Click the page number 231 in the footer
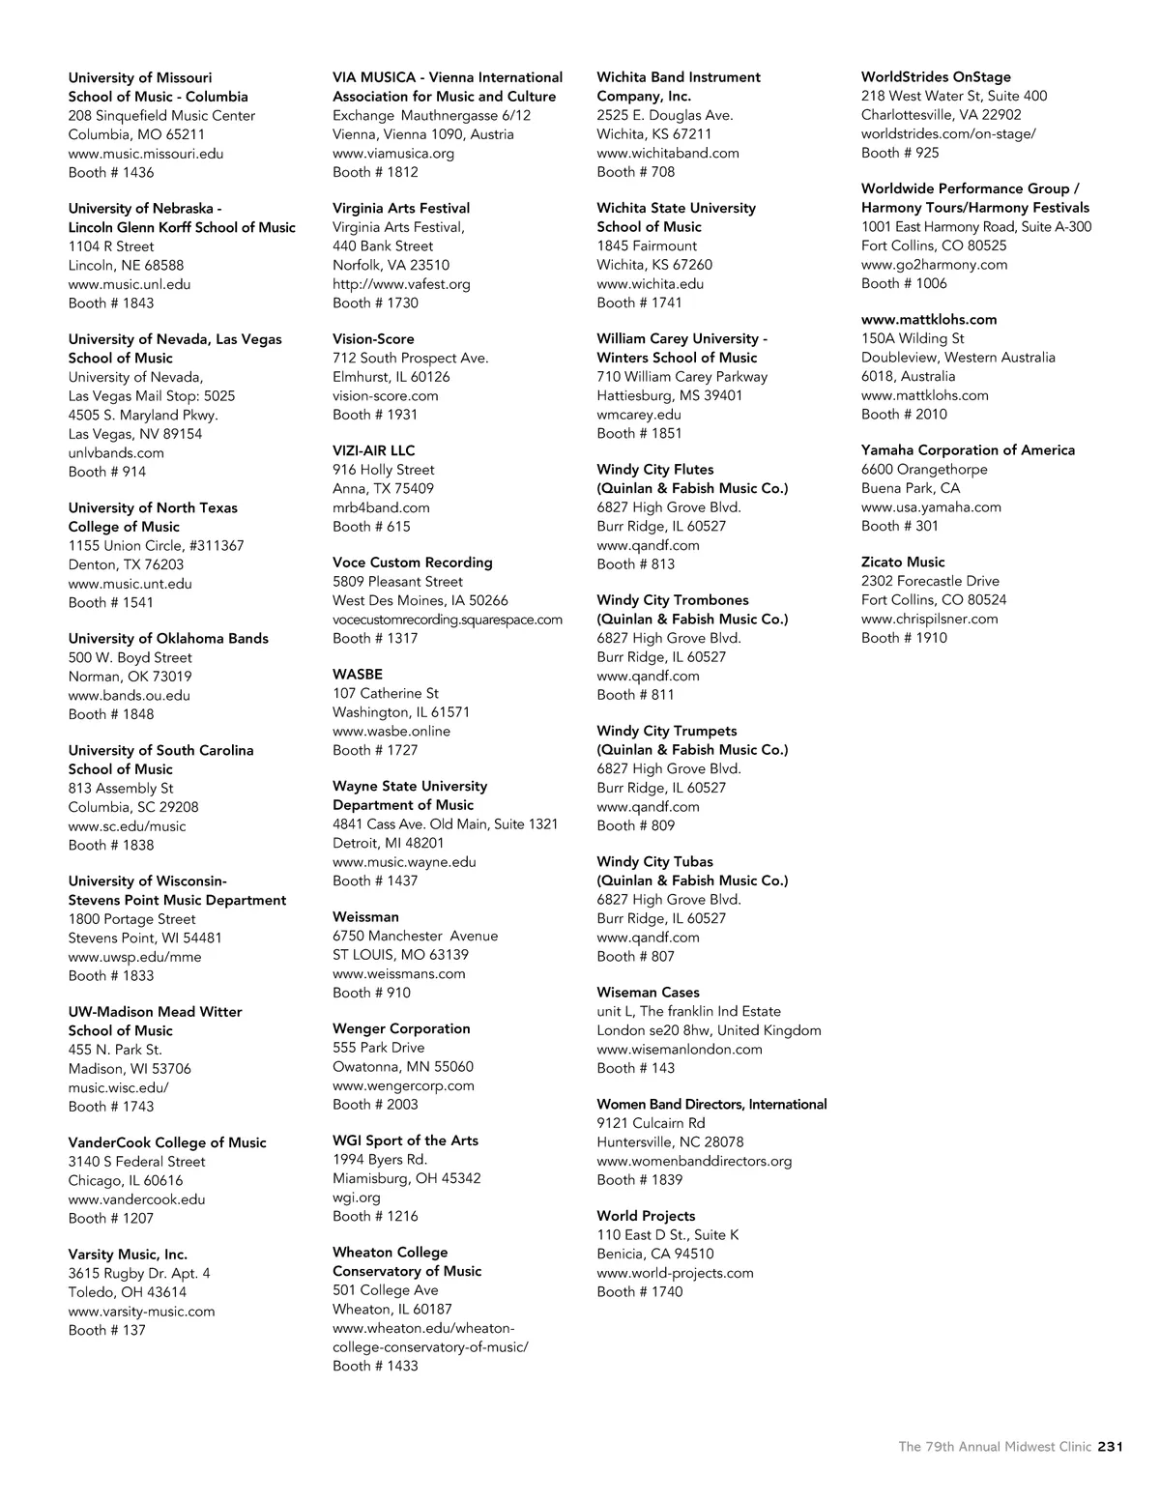[1110, 1447]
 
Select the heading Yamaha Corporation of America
[968, 450]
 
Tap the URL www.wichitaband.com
[668, 153]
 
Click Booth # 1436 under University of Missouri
[111, 173]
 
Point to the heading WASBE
[358, 675]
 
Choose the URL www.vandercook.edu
[136, 1199]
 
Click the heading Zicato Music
[903, 563]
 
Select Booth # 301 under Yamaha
[900, 527]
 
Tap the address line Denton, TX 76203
[126, 565]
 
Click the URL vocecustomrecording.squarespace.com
[448, 620]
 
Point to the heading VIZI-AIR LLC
[373, 450]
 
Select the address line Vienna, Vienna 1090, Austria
[423, 134]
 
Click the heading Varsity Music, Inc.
[128, 1255]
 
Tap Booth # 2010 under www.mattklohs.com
[904, 415]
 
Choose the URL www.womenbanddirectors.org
[694, 1161]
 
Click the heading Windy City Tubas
[654, 862]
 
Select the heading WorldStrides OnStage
[936, 77]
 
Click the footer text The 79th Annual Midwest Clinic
[995, 1447]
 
